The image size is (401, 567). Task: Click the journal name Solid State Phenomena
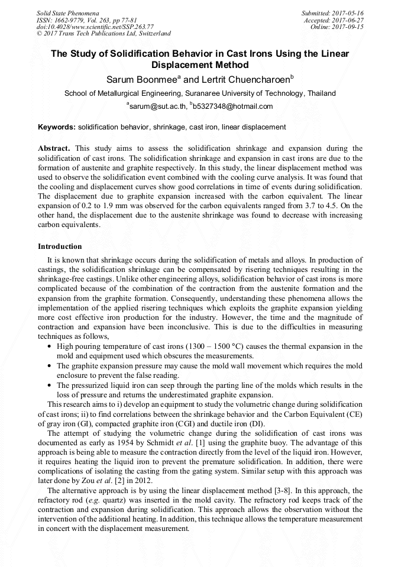[67, 13]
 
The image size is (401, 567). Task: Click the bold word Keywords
[57, 127]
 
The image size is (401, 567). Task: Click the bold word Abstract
[54, 148]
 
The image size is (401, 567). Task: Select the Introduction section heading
[60, 246]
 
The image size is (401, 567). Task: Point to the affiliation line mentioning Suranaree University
[200, 93]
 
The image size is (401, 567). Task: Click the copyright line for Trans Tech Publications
[104, 34]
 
